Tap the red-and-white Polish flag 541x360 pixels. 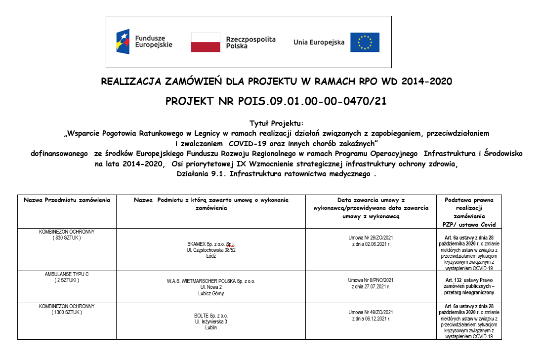tap(206, 42)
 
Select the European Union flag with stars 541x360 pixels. tap(365, 42)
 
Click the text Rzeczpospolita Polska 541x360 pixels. tap(250, 42)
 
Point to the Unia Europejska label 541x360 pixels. tap(319, 42)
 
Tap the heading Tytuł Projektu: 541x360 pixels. tap(276, 123)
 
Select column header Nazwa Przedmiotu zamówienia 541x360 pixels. tap(67, 200)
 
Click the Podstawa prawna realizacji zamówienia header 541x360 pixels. tap(469, 212)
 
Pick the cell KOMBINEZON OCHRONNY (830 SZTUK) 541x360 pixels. tap(67, 235)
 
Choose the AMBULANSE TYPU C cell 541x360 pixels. tap(67, 277)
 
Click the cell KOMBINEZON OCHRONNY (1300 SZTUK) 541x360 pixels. tap(67, 309)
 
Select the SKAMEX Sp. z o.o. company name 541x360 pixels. tap(211, 244)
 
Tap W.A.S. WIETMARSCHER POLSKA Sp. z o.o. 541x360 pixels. tap(211, 281)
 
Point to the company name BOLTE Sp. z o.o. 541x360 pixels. tap(211, 316)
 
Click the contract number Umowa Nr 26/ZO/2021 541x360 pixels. tap(371, 238)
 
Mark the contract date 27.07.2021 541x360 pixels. tap(371, 286)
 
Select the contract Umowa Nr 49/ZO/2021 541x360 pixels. tap(371, 312)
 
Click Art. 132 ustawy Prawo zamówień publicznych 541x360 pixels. tap(469, 286)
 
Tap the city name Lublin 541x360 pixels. tap(211, 327)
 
